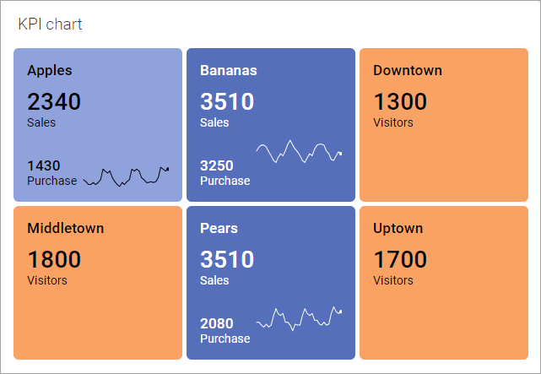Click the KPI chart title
50,24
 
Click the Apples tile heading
49,70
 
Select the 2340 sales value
54,102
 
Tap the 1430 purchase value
44,165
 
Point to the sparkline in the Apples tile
126,176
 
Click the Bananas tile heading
228,70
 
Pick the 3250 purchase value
217,165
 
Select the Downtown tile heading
407,70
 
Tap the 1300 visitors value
400,102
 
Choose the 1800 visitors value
54,260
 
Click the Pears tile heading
219,228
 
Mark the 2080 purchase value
217,323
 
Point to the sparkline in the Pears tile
299,318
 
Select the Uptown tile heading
398,228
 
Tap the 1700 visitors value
400,260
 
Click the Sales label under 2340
41,122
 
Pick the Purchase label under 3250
225,181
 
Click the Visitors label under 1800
47,280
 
